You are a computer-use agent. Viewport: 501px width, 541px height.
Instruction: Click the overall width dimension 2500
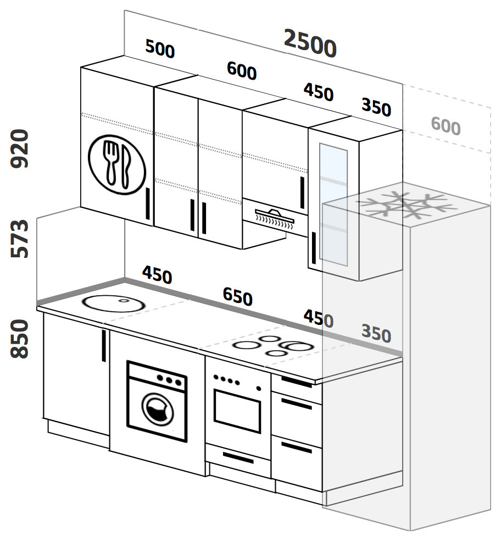click(x=309, y=43)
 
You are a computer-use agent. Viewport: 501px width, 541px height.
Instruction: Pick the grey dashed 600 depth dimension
click(x=446, y=126)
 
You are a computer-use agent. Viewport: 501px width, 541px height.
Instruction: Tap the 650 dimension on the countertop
click(x=237, y=297)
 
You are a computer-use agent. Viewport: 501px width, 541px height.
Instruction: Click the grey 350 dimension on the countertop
click(x=376, y=333)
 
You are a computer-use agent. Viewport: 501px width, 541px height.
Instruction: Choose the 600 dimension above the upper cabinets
click(x=241, y=71)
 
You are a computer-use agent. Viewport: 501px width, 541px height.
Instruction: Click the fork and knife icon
click(x=118, y=163)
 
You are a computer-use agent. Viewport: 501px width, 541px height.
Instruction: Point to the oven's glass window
click(x=237, y=409)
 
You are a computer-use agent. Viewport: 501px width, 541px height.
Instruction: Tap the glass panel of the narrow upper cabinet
click(x=333, y=204)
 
